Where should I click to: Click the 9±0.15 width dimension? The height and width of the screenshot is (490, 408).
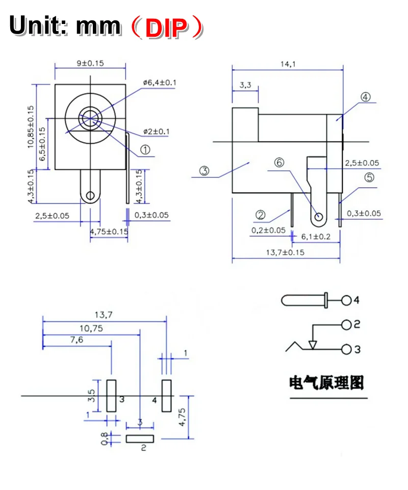[x=90, y=63]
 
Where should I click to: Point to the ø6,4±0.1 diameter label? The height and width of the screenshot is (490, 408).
[x=160, y=83]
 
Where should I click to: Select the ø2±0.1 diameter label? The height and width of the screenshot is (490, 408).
[x=156, y=132]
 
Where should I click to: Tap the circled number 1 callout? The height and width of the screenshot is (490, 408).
[x=145, y=150]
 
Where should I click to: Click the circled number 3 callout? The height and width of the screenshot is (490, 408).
[x=205, y=171]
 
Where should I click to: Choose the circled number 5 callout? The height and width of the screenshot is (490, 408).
[x=369, y=177]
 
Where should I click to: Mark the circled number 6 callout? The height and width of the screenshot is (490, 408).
[x=279, y=163]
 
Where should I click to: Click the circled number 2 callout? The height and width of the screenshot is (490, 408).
[x=260, y=215]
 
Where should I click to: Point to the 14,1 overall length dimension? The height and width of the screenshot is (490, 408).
[x=288, y=64]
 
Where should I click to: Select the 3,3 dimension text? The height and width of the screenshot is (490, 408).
[x=245, y=85]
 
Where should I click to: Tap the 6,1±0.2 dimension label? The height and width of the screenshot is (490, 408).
[x=316, y=237]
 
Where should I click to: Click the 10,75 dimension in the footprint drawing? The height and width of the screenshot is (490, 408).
[x=91, y=329]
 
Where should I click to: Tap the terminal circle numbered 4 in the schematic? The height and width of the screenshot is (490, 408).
[x=347, y=300]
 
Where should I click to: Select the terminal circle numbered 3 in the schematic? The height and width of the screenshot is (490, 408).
[x=347, y=349]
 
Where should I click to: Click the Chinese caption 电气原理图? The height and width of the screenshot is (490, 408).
[x=327, y=383]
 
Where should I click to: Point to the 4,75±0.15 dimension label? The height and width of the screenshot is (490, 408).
[x=109, y=232]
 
